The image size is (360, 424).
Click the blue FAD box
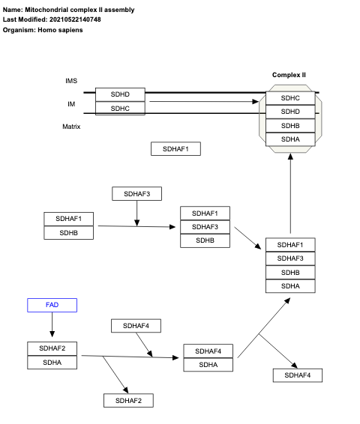(52, 305)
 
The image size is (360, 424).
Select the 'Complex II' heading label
(289, 75)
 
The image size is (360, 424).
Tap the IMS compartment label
(71, 81)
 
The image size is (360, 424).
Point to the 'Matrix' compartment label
(71, 127)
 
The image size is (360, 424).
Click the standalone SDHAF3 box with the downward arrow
(136, 194)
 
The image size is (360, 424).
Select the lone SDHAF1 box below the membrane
(175, 149)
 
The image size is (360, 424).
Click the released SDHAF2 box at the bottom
(128, 401)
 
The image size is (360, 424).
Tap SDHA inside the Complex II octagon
(290, 139)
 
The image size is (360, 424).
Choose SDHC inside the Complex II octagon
(290, 98)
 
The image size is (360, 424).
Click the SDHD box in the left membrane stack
(120, 94)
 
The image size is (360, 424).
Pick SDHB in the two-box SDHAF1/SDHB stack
(69, 232)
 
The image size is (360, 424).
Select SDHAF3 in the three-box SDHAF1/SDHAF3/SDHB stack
(205, 227)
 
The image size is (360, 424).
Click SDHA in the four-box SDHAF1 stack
(290, 285)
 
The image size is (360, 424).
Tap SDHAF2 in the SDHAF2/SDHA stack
(52, 348)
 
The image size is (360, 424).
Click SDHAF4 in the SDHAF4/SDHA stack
(208, 351)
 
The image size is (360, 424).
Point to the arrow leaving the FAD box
(52, 324)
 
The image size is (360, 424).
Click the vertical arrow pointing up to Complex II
(290, 195)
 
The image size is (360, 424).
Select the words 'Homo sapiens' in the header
(61, 30)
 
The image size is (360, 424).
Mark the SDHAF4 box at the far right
(298, 375)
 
